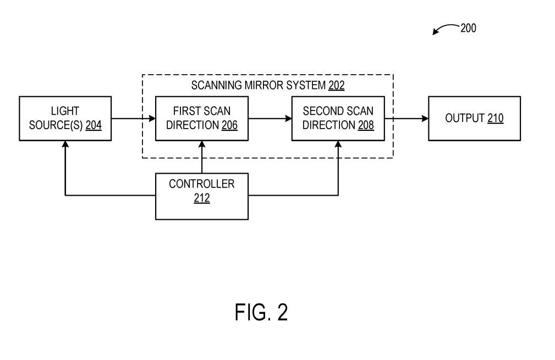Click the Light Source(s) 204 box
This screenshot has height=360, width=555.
coord(65,119)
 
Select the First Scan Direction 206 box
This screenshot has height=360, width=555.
coord(201,119)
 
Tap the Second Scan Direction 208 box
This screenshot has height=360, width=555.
coord(338,119)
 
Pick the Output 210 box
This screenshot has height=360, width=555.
coord(474,119)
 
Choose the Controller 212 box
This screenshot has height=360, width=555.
coord(201,196)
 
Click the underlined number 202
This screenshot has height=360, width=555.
coord(336,86)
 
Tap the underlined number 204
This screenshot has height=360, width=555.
coord(94,125)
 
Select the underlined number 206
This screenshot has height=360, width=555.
coord(229,125)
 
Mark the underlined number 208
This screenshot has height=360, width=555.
coord(366,125)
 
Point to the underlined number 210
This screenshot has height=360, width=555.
coord(495,118)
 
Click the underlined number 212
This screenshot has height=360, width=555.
coord(201,198)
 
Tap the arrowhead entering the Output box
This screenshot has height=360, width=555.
coord(425,119)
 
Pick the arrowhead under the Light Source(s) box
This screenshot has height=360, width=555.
coord(65,144)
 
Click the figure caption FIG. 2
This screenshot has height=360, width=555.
coord(261,312)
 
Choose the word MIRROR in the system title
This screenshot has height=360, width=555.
coord(266,86)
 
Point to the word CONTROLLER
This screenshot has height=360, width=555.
coord(201,184)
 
